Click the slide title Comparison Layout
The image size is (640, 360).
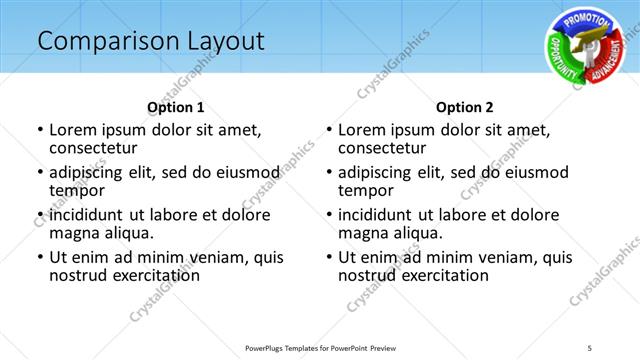151,41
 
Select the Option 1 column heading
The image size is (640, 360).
176,107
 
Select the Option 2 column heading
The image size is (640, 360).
465,107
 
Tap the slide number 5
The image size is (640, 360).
590,346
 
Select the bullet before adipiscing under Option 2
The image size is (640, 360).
328,173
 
